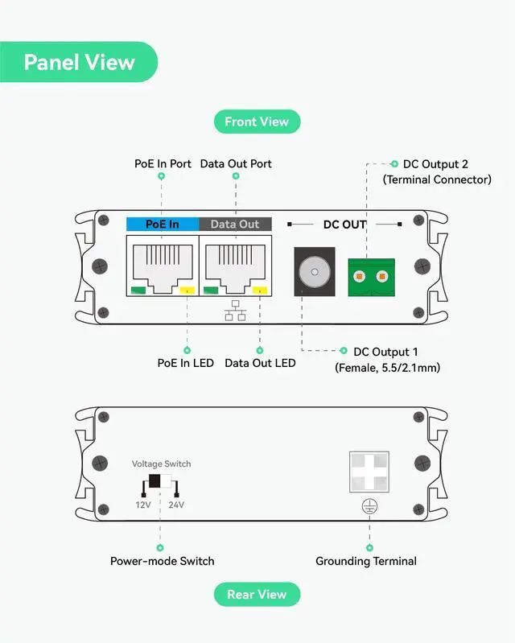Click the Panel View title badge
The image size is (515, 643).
79,62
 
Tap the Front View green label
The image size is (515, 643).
257,122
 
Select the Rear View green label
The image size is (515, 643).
257,595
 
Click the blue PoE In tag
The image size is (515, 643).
162,224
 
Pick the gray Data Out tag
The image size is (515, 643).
235,224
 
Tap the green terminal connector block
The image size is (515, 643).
370,277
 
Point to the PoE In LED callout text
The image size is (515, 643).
185,363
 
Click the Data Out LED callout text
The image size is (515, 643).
260,363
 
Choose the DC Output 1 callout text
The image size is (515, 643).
386,352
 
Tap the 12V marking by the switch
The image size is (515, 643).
142,505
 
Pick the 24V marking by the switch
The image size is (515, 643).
176,505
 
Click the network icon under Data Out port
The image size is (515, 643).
235,310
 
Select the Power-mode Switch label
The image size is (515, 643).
163,561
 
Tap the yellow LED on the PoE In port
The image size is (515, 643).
187,291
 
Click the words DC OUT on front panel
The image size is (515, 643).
344,225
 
